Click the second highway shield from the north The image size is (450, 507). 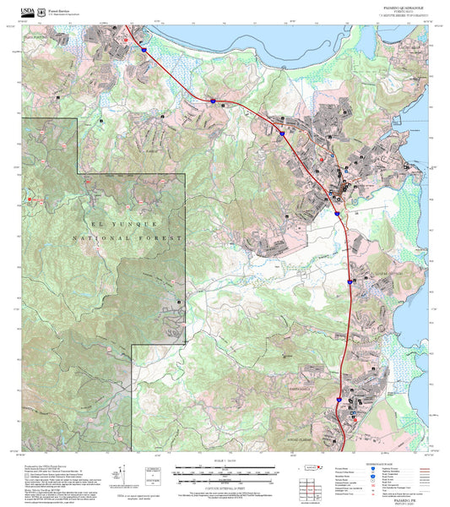tap(213, 101)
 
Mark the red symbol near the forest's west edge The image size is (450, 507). tap(31, 198)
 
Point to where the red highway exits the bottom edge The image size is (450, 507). tap(344, 450)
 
